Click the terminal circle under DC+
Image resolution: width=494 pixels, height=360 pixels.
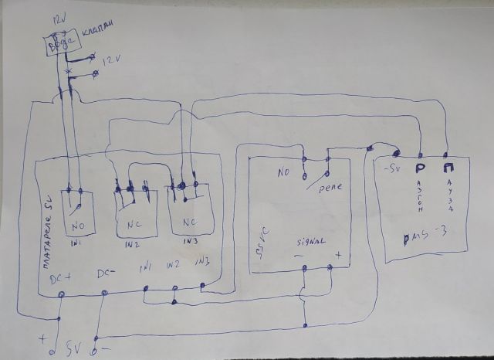tap(62, 294)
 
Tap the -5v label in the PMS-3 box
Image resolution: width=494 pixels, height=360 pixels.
tap(392, 168)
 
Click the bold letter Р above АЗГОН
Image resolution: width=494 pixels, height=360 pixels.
tap(421, 167)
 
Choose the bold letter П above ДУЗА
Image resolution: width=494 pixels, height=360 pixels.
tap(449, 165)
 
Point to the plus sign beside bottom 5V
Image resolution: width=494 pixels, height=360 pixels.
tap(42, 338)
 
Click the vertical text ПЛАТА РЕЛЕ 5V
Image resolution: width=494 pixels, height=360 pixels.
tap(46, 232)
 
